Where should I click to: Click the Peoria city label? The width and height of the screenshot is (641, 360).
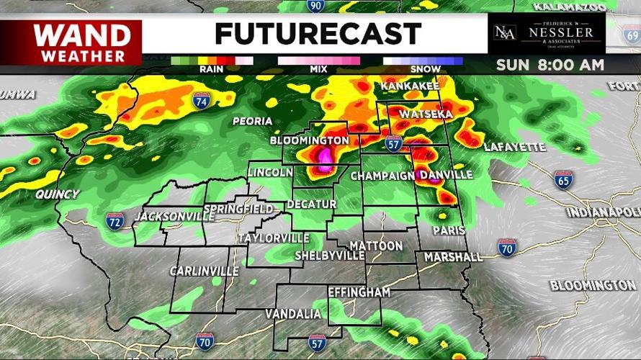tap(252, 121)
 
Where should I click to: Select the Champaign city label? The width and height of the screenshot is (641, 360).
tap(382, 176)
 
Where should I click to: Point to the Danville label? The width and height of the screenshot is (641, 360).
tap(446, 175)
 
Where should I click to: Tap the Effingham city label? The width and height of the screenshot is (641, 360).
tap(359, 292)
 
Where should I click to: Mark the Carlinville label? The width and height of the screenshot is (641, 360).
tap(204, 271)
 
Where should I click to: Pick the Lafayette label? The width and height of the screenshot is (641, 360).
tap(514, 147)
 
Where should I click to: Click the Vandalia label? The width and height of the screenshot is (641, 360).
tap(293, 314)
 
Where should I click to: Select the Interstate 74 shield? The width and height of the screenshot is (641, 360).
tap(202, 102)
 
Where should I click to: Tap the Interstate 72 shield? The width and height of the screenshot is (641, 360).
tap(115, 221)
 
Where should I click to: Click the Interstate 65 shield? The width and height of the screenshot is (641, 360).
tap(564, 180)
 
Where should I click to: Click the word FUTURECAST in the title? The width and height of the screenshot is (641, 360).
tap(318, 34)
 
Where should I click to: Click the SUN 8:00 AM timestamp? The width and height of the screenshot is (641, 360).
tap(550, 66)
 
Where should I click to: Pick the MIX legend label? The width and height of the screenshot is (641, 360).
tap(317, 69)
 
